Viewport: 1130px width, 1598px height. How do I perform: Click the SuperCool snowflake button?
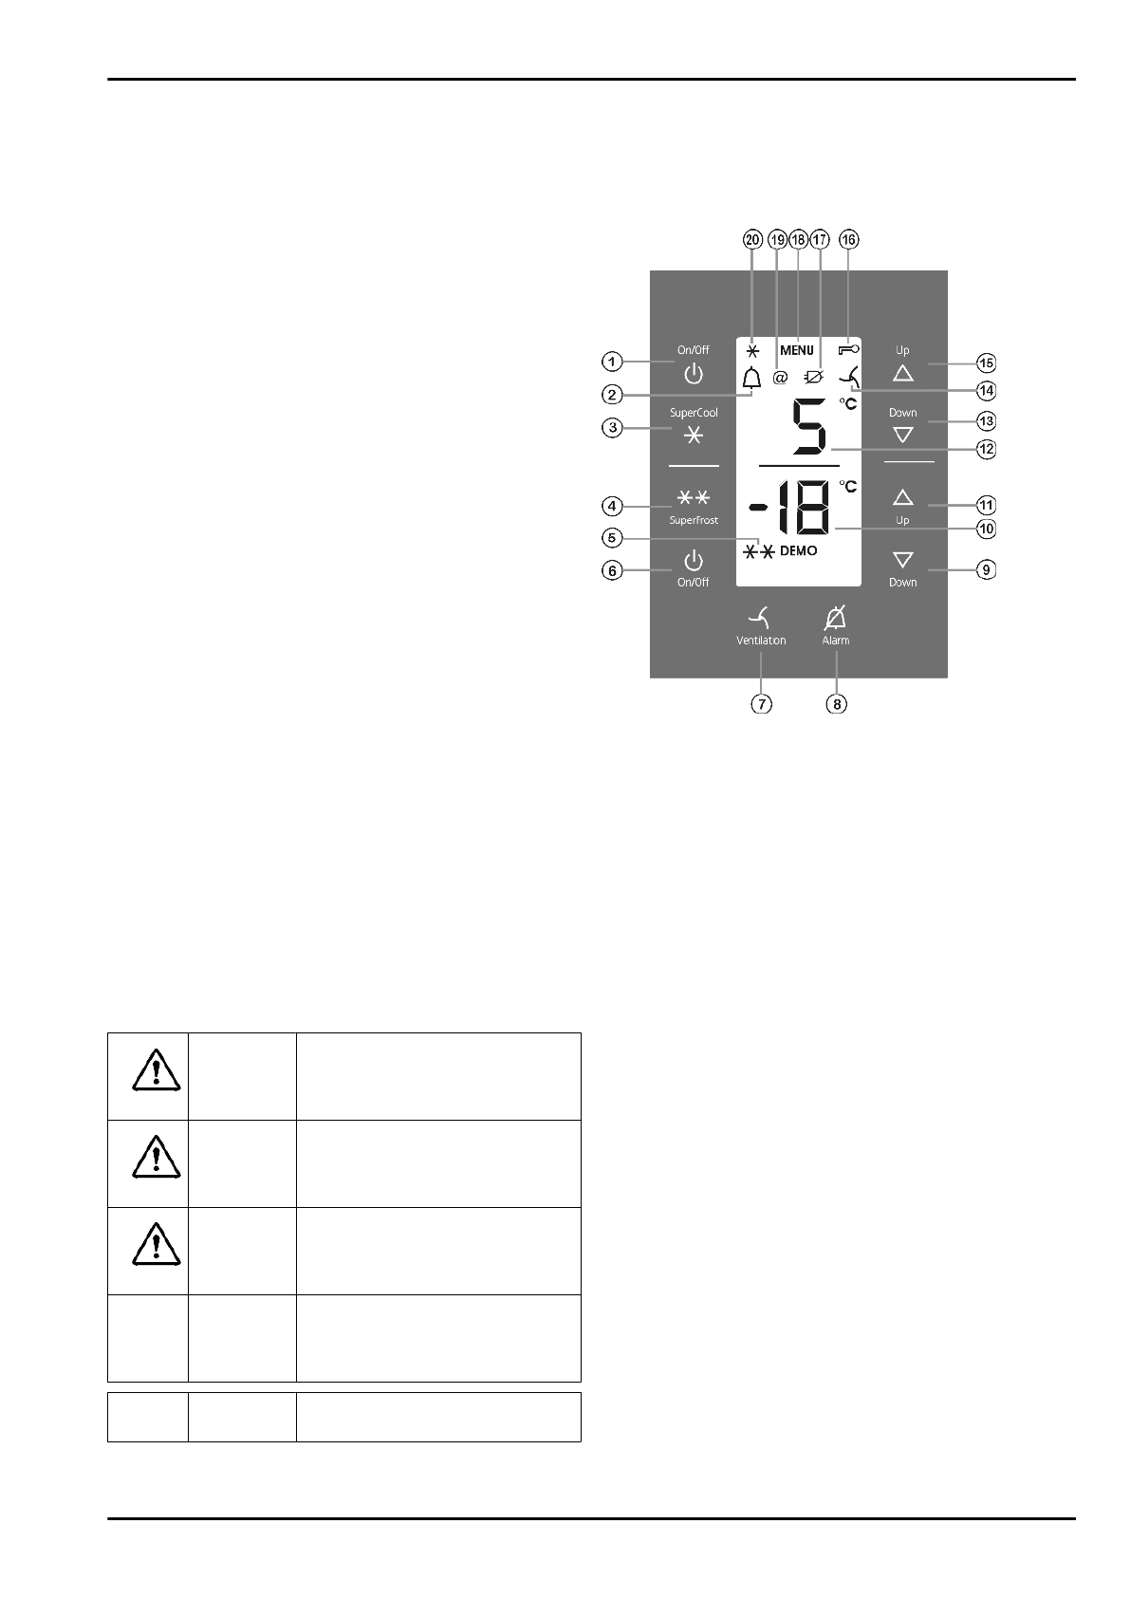point(694,436)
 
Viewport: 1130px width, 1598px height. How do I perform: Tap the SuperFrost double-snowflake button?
point(694,498)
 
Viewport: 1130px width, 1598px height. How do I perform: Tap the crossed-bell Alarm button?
point(836,619)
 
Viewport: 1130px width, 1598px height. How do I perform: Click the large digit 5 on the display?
point(809,429)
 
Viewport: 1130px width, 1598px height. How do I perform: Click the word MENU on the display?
point(797,350)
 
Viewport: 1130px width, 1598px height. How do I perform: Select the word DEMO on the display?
point(798,551)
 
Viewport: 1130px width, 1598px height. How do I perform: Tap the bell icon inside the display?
point(752,378)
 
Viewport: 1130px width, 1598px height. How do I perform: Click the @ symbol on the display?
point(781,378)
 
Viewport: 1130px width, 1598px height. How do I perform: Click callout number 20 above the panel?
point(752,240)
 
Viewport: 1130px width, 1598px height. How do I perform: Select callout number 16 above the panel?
point(848,240)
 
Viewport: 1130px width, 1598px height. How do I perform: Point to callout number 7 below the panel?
point(761,704)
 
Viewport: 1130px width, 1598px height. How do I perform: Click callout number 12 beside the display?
point(987,449)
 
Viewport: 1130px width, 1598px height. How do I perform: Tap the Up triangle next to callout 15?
point(903,372)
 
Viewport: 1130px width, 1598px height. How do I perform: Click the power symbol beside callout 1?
point(694,373)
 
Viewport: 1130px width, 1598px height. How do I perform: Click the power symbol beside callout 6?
point(694,560)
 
